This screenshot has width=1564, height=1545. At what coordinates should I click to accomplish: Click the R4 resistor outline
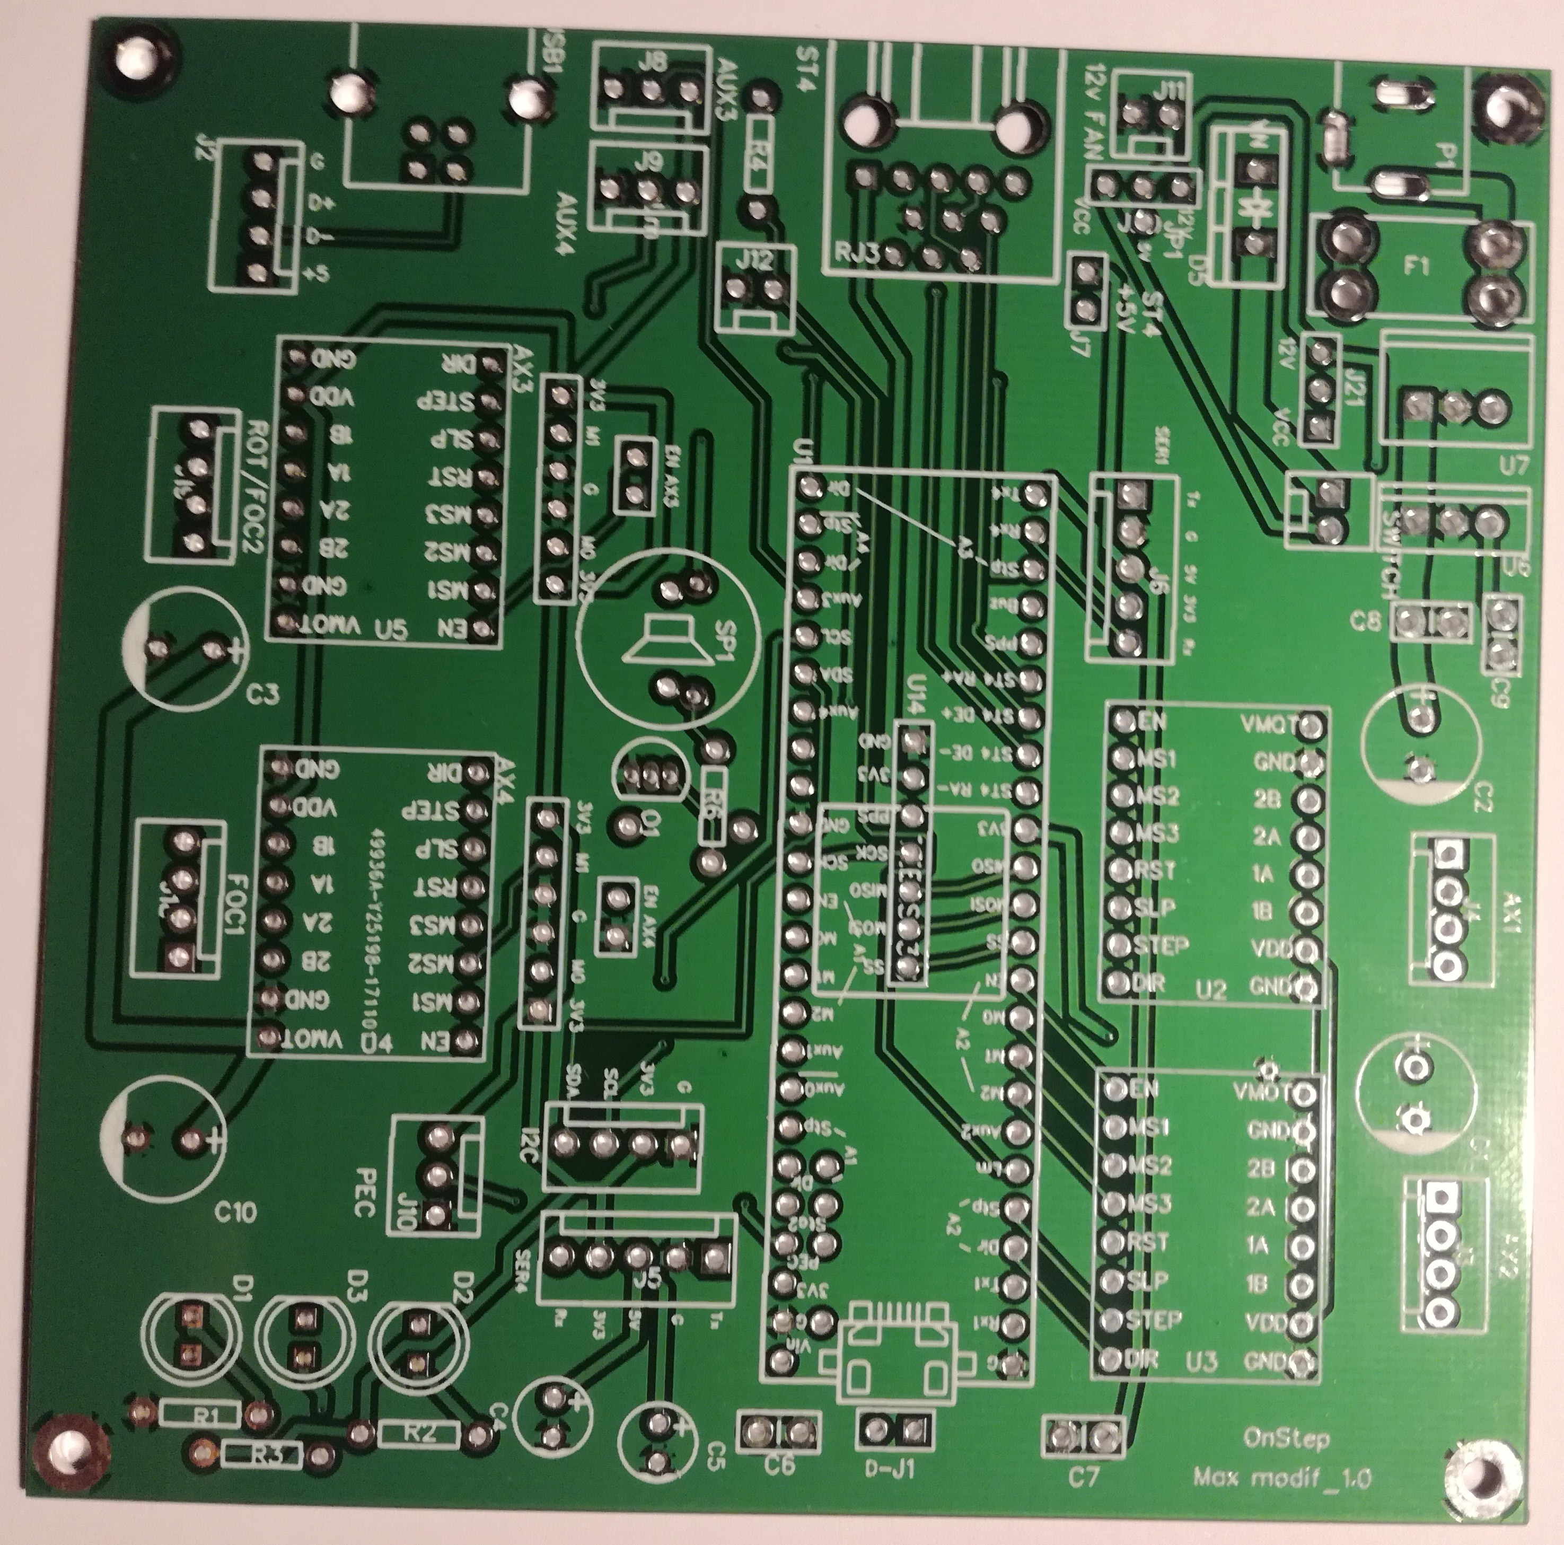(x=758, y=152)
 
